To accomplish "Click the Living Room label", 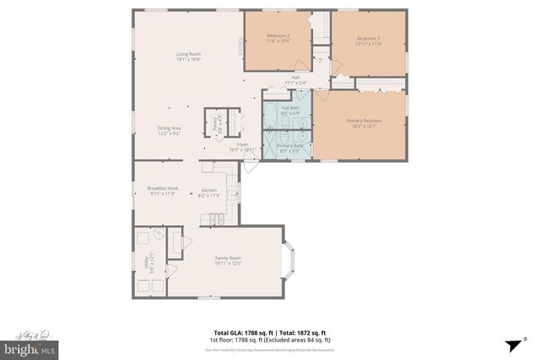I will (x=187, y=55).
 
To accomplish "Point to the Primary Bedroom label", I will (x=364, y=121).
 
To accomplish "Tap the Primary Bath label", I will (x=290, y=146).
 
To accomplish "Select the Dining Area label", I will (x=169, y=128).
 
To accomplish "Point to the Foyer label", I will (x=242, y=145).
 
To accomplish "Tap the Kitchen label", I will (x=208, y=191).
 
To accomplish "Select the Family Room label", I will (x=228, y=258).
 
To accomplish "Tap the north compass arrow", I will (x=513, y=345).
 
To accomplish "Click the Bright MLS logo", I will (x=30, y=346).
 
